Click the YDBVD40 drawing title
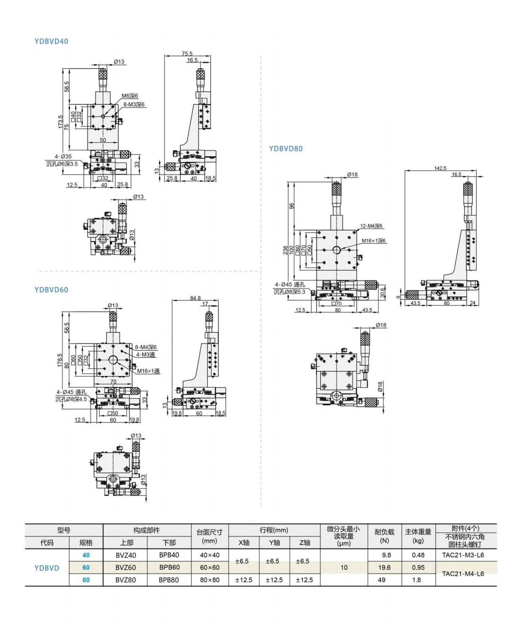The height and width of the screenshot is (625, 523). [x=51, y=41]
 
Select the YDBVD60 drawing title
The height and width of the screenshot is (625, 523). [x=51, y=290]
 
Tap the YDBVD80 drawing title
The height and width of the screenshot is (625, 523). [x=285, y=149]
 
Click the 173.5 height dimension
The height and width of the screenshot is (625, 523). [x=61, y=122]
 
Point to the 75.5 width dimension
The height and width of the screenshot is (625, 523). [x=187, y=54]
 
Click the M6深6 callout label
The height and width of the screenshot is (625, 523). [x=129, y=96]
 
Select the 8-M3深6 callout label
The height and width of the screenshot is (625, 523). [x=134, y=104]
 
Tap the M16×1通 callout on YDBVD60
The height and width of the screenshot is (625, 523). [x=148, y=371]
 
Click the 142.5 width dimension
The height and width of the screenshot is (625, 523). [x=440, y=168]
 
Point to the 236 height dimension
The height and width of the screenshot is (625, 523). [x=285, y=250]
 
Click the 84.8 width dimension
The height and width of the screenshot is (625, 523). [x=195, y=298]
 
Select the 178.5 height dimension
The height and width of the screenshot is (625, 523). [x=59, y=360]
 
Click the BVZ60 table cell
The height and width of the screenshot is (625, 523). [x=126, y=568]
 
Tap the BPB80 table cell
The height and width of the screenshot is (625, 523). [x=169, y=580]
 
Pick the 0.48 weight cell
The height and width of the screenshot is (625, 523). [x=418, y=555]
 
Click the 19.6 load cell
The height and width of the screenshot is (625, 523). [x=384, y=568]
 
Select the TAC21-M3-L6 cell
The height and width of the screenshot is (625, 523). [x=463, y=555]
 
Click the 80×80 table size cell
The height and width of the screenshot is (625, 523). [x=210, y=580]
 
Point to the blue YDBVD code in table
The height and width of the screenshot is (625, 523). [x=47, y=568]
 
